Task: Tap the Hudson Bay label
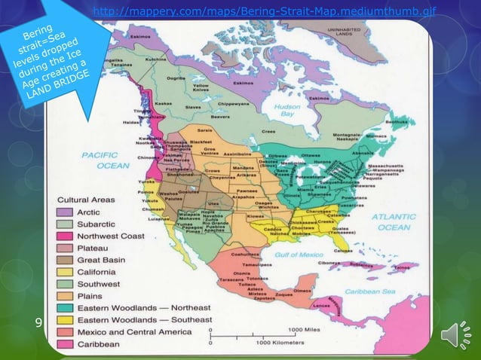coord(286,111)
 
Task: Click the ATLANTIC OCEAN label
coord(394,221)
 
